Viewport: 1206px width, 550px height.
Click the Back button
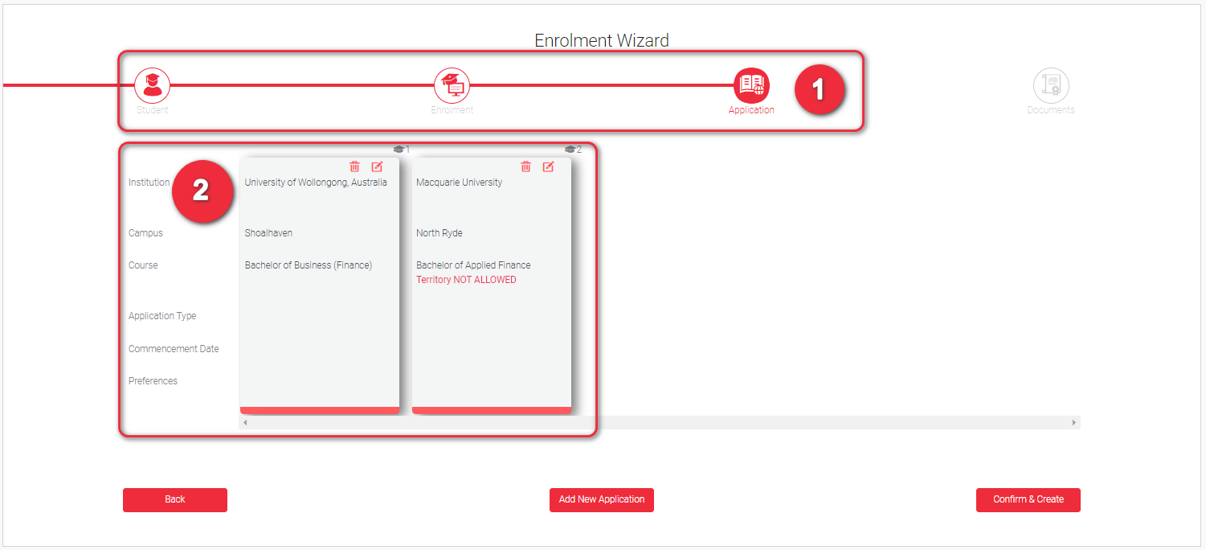(x=175, y=499)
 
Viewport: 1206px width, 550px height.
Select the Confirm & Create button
(x=1028, y=499)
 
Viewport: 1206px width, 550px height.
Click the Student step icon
(x=153, y=85)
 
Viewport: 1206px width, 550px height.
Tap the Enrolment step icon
(x=452, y=85)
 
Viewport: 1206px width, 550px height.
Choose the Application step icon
(x=751, y=85)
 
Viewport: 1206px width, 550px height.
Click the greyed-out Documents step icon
(x=1050, y=85)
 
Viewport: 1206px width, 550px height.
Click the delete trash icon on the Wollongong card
(x=354, y=166)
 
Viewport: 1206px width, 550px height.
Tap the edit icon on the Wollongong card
(x=377, y=166)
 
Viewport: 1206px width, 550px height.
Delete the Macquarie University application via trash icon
(x=526, y=166)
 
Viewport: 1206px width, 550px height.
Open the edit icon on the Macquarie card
(x=548, y=166)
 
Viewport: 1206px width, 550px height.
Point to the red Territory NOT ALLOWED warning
(x=466, y=280)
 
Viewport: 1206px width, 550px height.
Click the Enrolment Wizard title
(x=601, y=40)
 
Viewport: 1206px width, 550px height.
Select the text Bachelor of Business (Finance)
(x=309, y=265)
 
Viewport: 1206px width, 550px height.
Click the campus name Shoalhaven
(x=268, y=232)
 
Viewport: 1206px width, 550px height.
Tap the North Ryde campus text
(x=439, y=232)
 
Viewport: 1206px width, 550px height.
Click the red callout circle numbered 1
(x=819, y=89)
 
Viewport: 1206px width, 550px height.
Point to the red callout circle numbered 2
(x=202, y=191)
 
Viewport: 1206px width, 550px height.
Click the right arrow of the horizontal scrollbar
(x=1073, y=422)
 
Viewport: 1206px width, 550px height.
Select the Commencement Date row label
(x=174, y=348)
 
